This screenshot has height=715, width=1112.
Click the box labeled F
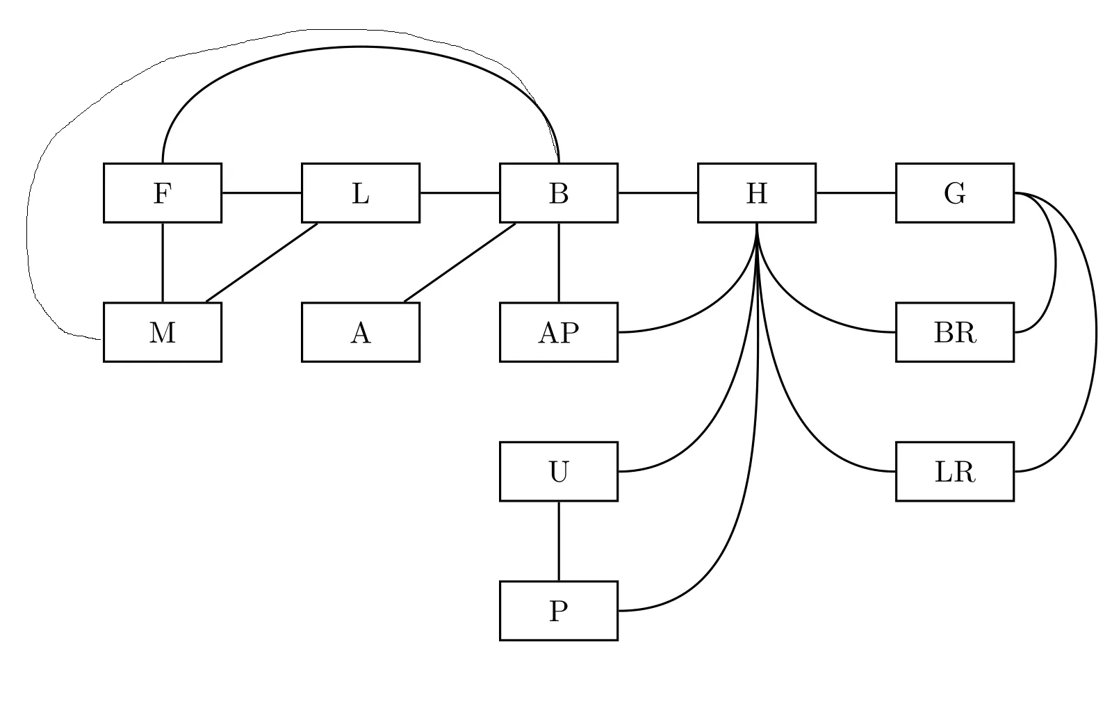pyautogui.click(x=162, y=193)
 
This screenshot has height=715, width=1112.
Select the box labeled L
pyautogui.click(x=360, y=193)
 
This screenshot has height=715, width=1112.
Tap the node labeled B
pyautogui.click(x=558, y=193)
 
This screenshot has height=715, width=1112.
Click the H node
pyautogui.click(x=756, y=193)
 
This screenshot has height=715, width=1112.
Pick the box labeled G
pyautogui.click(x=954, y=193)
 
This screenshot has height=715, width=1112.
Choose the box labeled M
pyautogui.click(x=162, y=332)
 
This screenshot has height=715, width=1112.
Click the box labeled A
pyautogui.click(x=360, y=332)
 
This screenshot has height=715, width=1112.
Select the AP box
pyautogui.click(x=558, y=332)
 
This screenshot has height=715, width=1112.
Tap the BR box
pyautogui.click(x=954, y=332)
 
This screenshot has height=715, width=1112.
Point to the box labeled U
pyautogui.click(x=558, y=471)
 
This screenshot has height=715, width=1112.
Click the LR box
pyautogui.click(x=954, y=471)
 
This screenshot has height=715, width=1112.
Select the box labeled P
pyautogui.click(x=558, y=610)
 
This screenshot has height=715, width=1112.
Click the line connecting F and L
pyautogui.click(x=261, y=193)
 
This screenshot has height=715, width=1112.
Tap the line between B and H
pyautogui.click(x=657, y=193)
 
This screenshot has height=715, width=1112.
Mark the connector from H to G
pyautogui.click(x=856, y=193)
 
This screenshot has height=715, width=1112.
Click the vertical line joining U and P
pyautogui.click(x=559, y=541)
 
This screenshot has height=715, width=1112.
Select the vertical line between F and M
pyautogui.click(x=163, y=263)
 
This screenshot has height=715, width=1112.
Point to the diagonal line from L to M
pyautogui.click(x=261, y=263)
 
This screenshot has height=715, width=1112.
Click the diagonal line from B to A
pyautogui.click(x=459, y=263)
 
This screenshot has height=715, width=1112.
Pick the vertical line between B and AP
pyautogui.click(x=559, y=263)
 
